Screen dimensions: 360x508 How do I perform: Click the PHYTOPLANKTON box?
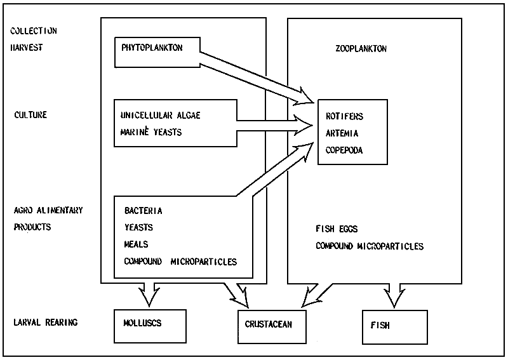click(156, 52)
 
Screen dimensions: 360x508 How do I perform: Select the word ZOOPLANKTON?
click(360, 49)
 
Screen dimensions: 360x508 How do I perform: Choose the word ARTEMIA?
click(342, 133)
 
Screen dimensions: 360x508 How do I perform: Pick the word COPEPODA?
click(344, 150)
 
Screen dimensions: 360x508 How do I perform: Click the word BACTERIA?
click(144, 211)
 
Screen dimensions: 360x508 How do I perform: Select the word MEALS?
click(136, 244)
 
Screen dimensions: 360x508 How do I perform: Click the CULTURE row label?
click(31, 116)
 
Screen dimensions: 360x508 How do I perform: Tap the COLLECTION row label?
click(34, 30)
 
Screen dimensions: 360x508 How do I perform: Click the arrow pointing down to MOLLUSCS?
click(150, 293)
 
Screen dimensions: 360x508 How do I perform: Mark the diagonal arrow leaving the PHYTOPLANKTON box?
click(257, 78)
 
